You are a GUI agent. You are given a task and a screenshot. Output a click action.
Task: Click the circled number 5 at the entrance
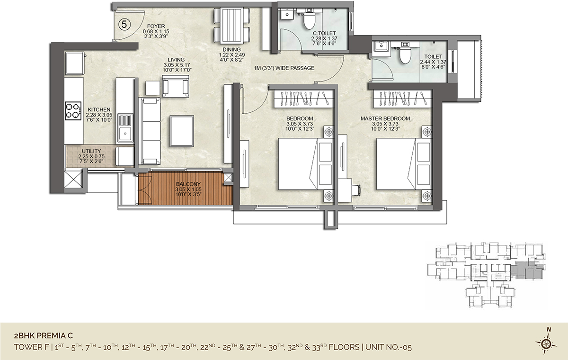click(x=124, y=25)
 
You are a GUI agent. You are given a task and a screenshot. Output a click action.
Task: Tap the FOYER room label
click(x=156, y=26)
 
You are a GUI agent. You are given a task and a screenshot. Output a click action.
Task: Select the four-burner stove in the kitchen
click(x=73, y=111)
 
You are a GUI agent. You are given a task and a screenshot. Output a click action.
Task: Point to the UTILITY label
click(x=91, y=151)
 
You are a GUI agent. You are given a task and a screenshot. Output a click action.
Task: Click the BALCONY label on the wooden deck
click(x=188, y=184)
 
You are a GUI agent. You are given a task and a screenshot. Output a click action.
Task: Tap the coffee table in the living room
click(x=182, y=131)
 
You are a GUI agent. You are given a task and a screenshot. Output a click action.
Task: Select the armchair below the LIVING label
click(x=176, y=86)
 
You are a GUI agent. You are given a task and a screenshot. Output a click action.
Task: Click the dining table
click(x=232, y=26)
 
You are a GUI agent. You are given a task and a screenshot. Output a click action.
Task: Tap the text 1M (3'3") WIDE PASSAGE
click(x=284, y=68)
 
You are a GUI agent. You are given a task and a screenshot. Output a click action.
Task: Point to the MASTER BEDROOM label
click(x=385, y=118)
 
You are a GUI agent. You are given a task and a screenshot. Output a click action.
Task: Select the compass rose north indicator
click(x=547, y=344)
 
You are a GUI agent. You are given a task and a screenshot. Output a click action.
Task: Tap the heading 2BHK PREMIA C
click(x=44, y=336)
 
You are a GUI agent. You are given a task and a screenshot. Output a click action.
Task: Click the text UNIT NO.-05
click(x=389, y=347)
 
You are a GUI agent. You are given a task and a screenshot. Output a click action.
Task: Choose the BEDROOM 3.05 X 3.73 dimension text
click(x=300, y=124)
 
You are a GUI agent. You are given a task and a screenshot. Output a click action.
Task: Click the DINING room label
click(x=231, y=50)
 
